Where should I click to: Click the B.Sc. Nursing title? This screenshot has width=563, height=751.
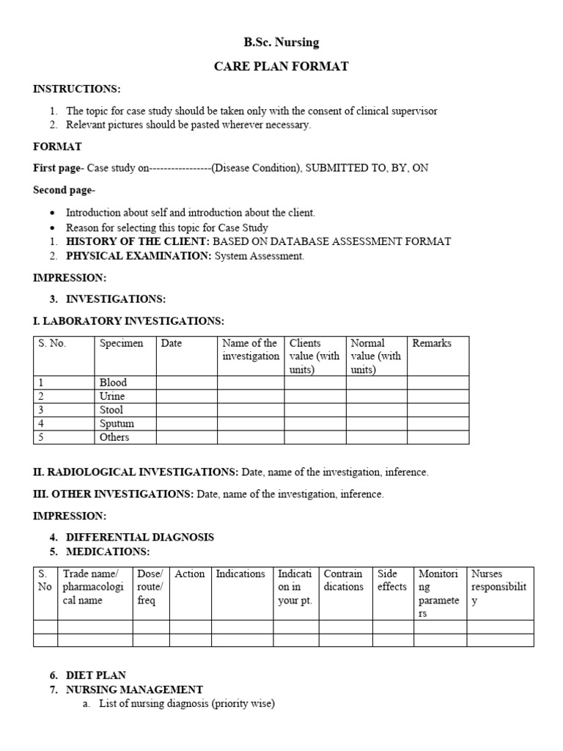pyautogui.click(x=281, y=43)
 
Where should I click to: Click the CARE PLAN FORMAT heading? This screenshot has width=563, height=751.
pyautogui.click(x=281, y=67)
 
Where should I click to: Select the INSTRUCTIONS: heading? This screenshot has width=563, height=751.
pyautogui.click(x=76, y=89)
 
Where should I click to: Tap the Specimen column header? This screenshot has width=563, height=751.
pyautogui.click(x=122, y=343)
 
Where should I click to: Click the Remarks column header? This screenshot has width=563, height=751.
pyautogui.click(x=432, y=343)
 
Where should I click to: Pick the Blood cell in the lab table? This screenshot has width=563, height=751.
pyautogui.click(x=114, y=382)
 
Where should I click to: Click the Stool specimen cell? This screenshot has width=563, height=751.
pyautogui.click(x=111, y=410)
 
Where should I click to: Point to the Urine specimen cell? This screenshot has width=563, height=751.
pyautogui.click(x=112, y=396)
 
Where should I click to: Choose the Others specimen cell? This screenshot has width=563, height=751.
pyautogui.click(x=114, y=437)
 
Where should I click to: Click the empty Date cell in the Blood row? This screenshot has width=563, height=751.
pyautogui.click(x=186, y=382)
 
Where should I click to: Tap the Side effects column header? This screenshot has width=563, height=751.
pyautogui.click(x=391, y=580)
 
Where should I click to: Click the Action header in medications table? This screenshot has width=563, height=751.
pyautogui.click(x=190, y=574)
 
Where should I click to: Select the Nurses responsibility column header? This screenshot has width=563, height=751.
pyautogui.click(x=499, y=587)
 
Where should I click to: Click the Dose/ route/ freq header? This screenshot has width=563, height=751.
pyautogui.click(x=150, y=587)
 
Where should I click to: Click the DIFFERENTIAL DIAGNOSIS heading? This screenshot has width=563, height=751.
pyautogui.click(x=140, y=537)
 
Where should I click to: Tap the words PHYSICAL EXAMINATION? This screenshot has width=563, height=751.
pyautogui.click(x=139, y=256)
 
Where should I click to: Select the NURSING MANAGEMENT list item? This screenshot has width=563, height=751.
pyautogui.click(x=134, y=689)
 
